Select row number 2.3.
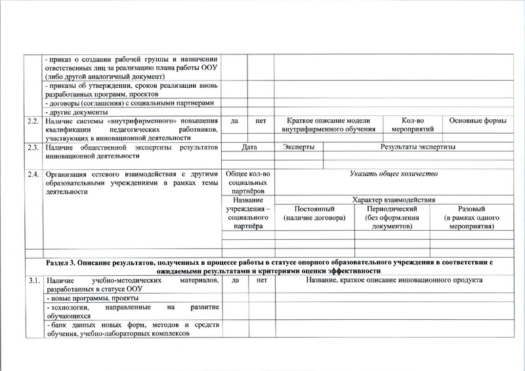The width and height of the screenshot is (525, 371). click(x=31, y=147)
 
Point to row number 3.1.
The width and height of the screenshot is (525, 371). click(x=31, y=281)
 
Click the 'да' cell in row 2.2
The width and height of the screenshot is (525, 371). click(x=235, y=121)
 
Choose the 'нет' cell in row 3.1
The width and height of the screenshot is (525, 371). click(x=262, y=281)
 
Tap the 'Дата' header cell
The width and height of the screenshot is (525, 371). click(x=249, y=147)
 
